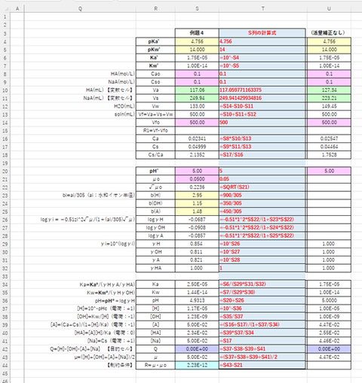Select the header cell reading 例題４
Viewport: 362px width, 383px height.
(197, 34)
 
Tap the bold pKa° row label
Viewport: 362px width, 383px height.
(155, 41)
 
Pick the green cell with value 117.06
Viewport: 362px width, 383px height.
(197, 90)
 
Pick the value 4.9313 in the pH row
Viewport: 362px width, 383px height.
(197, 300)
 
